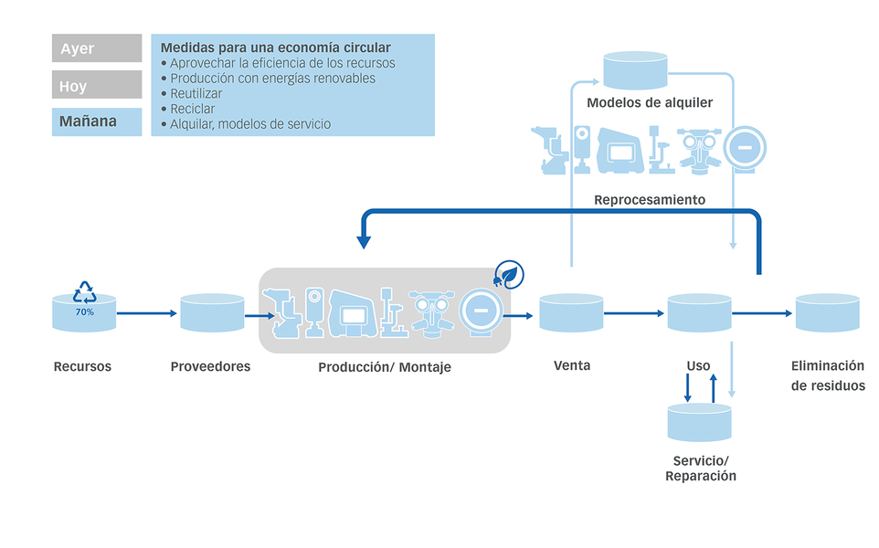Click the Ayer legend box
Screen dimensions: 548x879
96,48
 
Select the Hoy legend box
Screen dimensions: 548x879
96,85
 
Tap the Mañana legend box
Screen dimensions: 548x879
96,121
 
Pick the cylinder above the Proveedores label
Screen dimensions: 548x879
211,312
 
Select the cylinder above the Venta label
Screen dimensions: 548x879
571,312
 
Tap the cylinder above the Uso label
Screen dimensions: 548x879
699,312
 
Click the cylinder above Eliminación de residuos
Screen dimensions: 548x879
827,312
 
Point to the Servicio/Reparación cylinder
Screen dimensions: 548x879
699,421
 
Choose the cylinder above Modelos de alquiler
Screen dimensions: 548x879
635,70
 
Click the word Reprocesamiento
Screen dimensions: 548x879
649,199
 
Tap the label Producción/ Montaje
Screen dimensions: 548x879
384,367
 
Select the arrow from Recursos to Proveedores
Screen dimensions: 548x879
146,313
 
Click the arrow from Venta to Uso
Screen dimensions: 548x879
635,313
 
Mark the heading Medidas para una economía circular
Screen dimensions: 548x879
275,47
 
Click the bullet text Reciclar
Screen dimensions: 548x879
193,109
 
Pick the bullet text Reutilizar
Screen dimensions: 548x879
196,93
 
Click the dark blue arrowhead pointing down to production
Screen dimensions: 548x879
364,242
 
